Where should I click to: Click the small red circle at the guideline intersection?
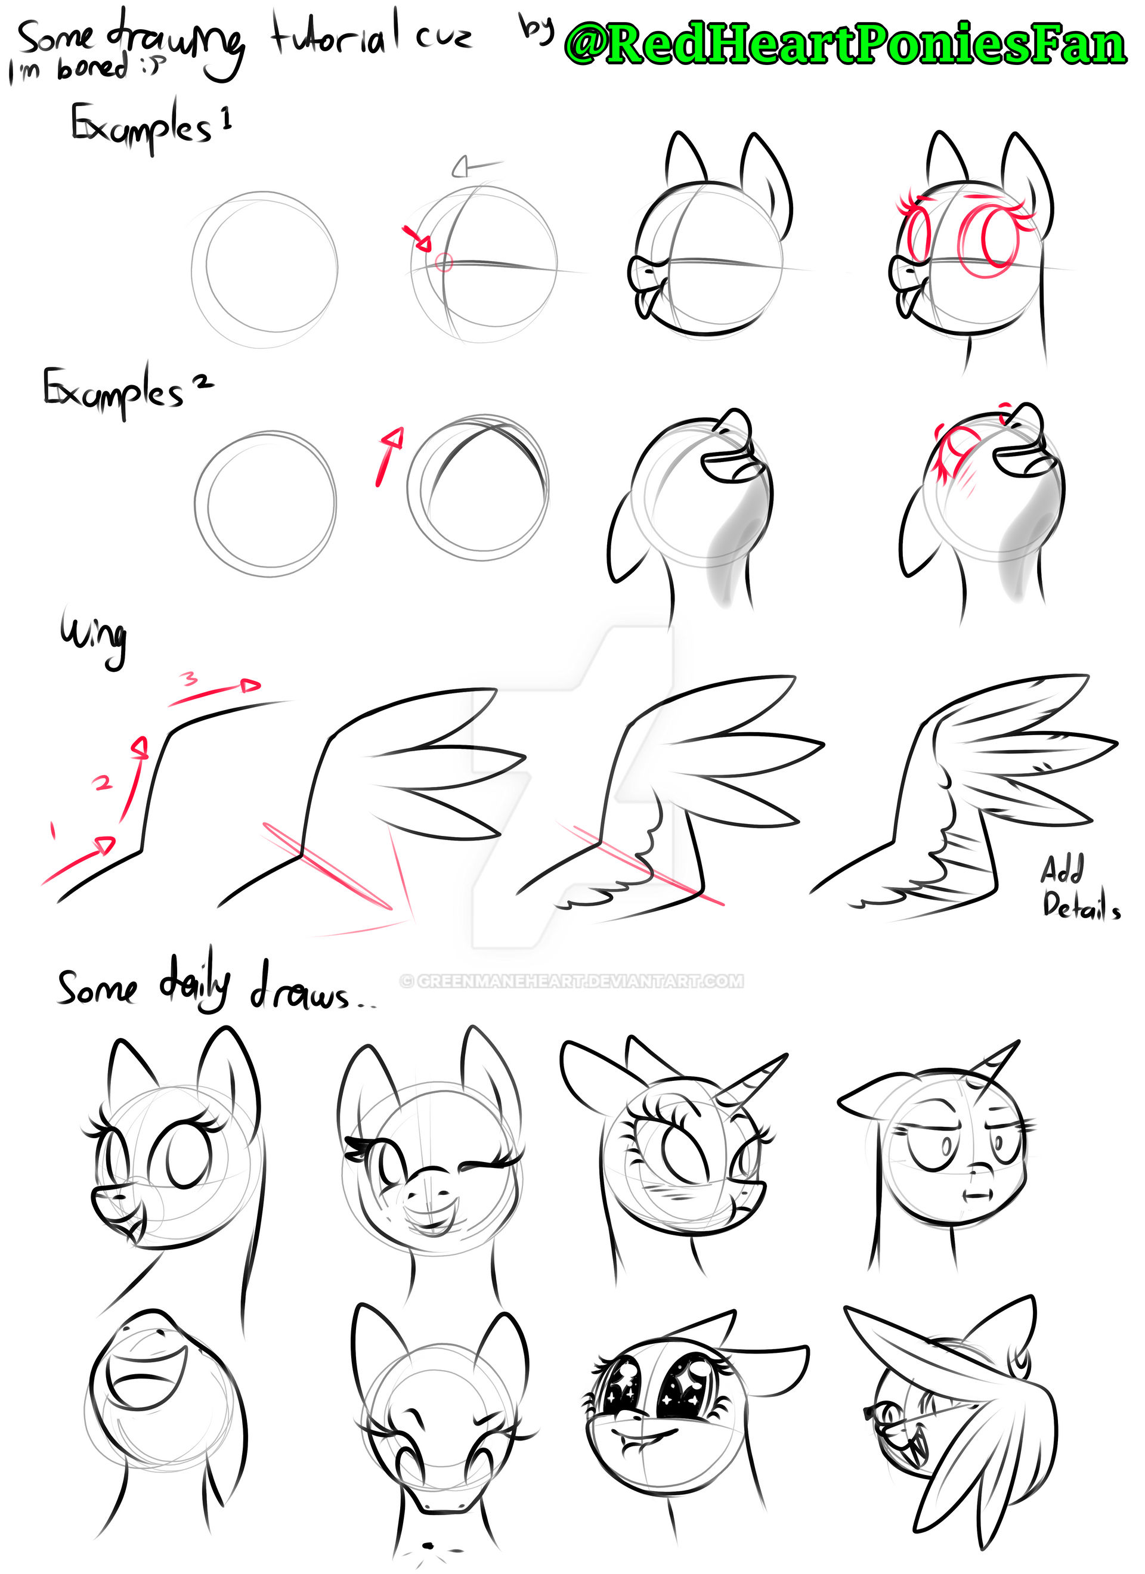444,262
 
